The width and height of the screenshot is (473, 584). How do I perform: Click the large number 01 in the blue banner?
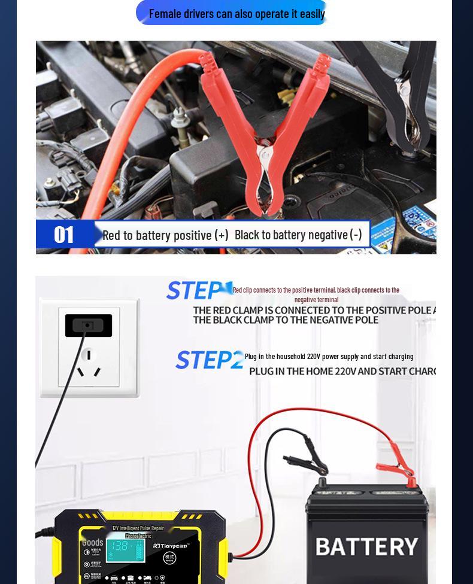pos(64,235)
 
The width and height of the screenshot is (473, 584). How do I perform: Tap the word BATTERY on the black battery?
pos(366,546)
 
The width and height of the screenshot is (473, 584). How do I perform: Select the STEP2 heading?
pos(209,360)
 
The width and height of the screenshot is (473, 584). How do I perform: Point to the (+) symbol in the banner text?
pos(222,235)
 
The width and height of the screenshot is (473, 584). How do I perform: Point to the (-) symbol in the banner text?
pos(356,234)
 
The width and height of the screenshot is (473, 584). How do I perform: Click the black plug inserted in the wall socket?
pos(89,325)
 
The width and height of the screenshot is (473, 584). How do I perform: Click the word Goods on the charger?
pos(93,543)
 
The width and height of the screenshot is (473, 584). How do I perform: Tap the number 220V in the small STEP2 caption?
pos(314,357)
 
